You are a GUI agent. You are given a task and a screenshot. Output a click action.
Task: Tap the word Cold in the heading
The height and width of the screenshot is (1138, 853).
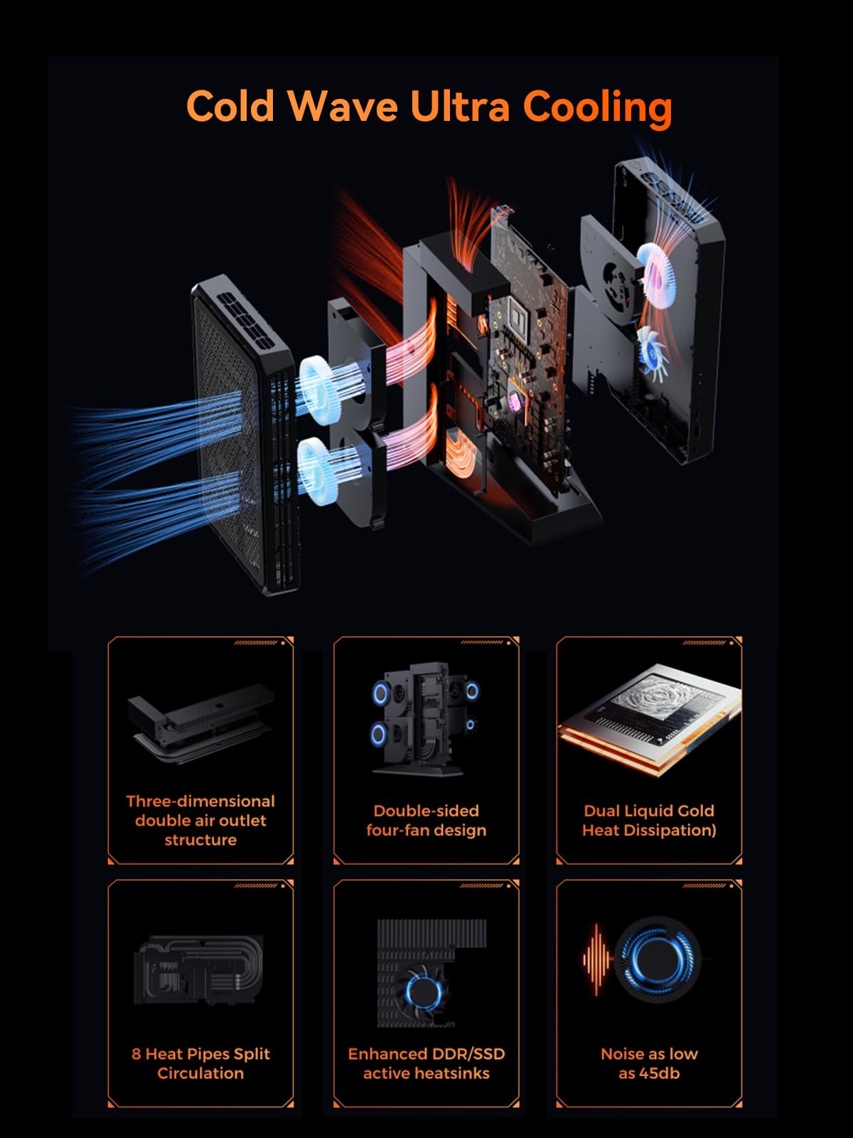230,106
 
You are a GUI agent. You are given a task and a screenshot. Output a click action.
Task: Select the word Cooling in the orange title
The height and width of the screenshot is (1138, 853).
598,108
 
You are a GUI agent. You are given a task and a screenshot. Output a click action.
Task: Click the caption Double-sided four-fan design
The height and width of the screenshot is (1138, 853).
426,820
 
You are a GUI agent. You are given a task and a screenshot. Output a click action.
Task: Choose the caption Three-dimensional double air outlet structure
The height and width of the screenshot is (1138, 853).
200,820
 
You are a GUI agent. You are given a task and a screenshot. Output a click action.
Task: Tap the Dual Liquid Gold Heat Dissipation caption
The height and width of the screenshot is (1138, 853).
649,820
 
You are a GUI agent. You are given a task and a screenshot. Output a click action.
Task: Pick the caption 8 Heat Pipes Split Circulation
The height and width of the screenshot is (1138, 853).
200,1063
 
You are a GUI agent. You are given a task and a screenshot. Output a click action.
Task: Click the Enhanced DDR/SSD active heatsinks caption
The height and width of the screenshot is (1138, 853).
426,1063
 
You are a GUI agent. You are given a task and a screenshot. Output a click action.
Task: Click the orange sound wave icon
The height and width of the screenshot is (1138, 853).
597,959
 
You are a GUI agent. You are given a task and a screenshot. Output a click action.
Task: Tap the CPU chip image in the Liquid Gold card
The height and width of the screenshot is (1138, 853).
650,718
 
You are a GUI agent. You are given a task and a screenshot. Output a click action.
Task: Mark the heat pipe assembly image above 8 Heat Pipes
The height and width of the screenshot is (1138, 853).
199,969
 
